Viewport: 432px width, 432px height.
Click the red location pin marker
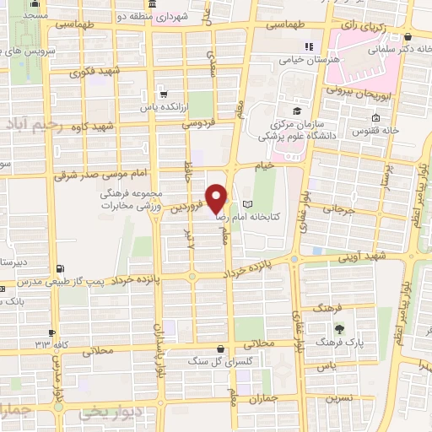(x=217, y=198)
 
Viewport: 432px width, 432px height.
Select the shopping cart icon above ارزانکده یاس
(x=162, y=94)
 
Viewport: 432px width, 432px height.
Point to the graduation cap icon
(x=297, y=111)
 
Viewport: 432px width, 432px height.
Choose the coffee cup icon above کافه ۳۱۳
(x=52, y=332)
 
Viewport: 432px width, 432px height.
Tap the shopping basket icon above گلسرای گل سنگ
(x=220, y=348)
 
